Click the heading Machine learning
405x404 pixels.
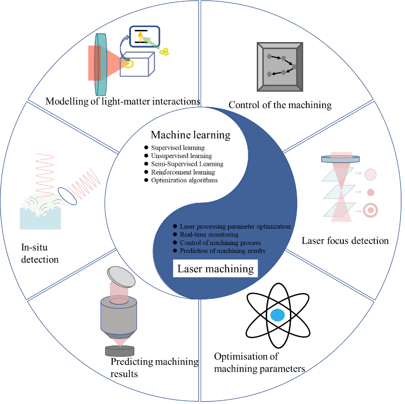pos(190,135)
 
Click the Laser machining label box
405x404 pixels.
pos(216,269)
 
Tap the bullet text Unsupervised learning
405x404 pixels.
pos(181,156)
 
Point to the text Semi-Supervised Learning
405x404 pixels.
pos(187,164)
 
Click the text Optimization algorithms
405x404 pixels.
pos(184,180)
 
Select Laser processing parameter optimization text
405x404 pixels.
pos(235,226)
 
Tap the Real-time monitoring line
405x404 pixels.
pos(209,234)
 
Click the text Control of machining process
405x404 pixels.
pos(220,243)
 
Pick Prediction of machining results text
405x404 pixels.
pos(223,251)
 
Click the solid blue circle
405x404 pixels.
pos(277,315)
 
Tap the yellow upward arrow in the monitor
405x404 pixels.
pos(140,37)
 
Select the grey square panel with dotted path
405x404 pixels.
pos(280,66)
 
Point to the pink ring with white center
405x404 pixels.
pos(370,210)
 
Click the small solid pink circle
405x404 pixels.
pos(370,192)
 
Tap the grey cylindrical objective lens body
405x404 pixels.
pos(119,317)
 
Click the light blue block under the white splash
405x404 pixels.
pos(40,218)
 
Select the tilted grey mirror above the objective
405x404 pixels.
pos(121,276)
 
